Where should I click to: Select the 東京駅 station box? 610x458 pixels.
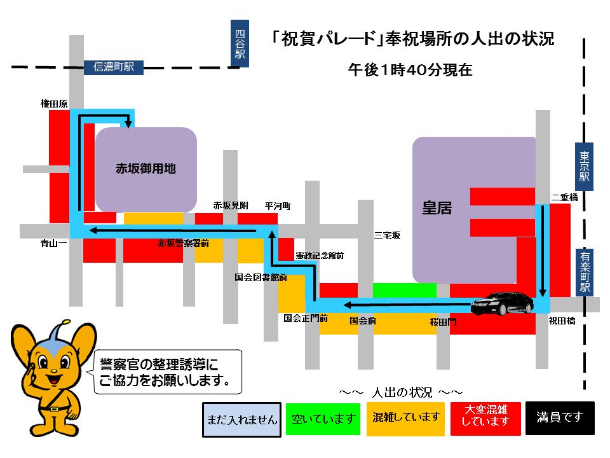pyautogui.click(x=585, y=166)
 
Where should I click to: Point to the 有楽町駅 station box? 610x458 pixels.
pyautogui.click(x=585, y=272)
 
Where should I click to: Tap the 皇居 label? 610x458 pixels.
pyautogui.click(x=437, y=208)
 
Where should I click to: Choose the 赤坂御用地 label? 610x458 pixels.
pyautogui.click(x=146, y=169)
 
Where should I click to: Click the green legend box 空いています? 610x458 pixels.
pyautogui.click(x=323, y=419)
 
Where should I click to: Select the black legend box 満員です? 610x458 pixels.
pyautogui.click(x=559, y=418)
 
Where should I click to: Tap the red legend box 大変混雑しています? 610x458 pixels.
pyautogui.click(x=486, y=418)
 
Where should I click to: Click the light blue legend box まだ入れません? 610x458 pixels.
pyautogui.click(x=241, y=419)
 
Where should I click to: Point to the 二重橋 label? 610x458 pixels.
pyautogui.click(x=564, y=198)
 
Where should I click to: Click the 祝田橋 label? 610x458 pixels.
pyautogui.click(x=562, y=321)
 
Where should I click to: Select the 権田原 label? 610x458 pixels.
pyautogui.click(x=54, y=103)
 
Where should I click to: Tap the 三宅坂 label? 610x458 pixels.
pyautogui.click(x=387, y=235)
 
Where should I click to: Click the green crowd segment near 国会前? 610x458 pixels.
pyautogui.click(x=404, y=290)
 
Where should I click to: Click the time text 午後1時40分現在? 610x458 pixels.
pyautogui.click(x=410, y=70)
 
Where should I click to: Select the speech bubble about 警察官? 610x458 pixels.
pyautogui.click(x=168, y=371)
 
